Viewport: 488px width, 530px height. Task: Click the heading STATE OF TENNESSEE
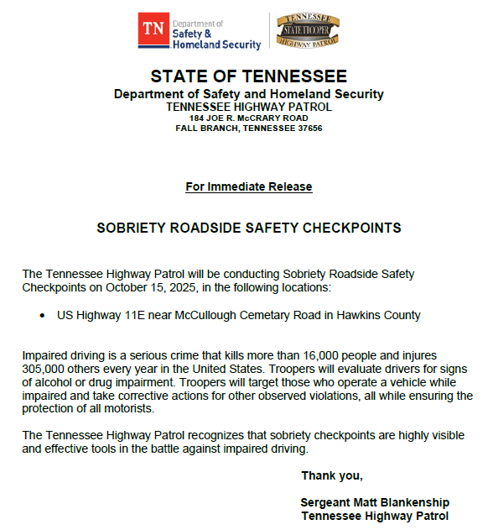click(248, 76)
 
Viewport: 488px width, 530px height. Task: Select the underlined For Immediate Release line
click(248, 186)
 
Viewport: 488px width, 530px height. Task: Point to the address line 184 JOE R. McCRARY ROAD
click(248, 118)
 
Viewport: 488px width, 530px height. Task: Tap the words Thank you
click(332, 475)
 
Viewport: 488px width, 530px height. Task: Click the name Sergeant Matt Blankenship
click(374, 502)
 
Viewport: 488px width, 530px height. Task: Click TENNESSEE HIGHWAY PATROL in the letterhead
click(248, 107)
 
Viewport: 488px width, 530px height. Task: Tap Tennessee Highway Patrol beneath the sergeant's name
click(374, 515)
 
